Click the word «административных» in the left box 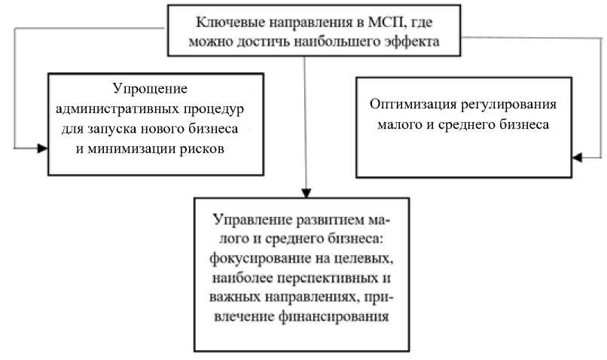click(120, 108)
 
